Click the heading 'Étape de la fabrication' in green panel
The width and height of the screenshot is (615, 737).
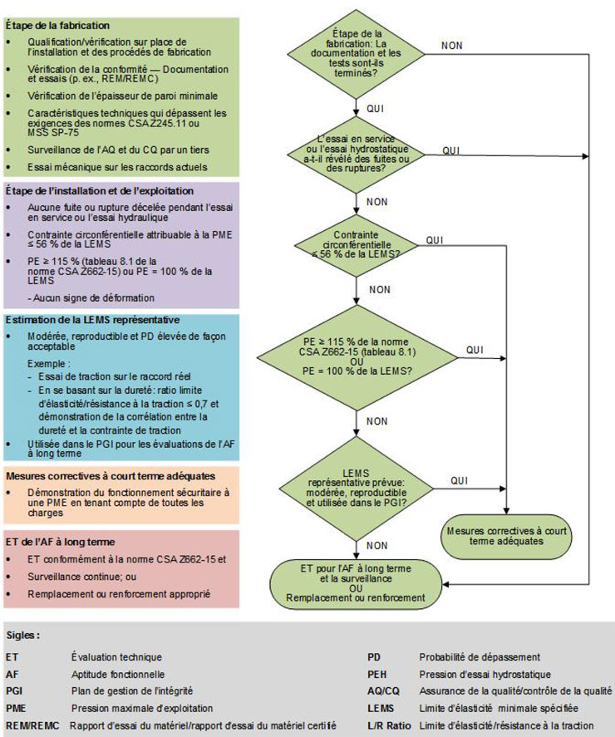(57, 26)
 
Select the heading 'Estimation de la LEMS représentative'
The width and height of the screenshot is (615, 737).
(92, 320)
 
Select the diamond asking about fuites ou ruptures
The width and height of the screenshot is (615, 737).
(356, 154)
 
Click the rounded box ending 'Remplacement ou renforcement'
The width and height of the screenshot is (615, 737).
(356, 582)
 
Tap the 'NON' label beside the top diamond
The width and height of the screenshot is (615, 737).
(452, 46)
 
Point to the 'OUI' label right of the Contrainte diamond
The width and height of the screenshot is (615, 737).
(434, 239)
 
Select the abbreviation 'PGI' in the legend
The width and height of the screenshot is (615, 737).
(14, 691)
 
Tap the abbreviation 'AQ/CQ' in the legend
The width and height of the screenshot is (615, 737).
(383, 691)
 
